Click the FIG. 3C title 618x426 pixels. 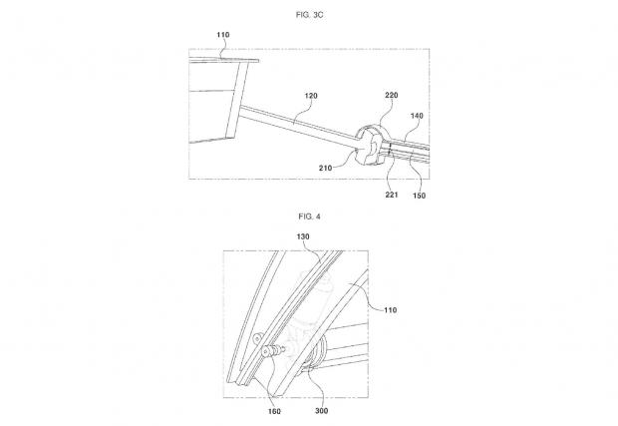[x=309, y=15]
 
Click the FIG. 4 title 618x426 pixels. [x=309, y=216]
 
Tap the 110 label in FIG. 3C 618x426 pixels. [x=223, y=35]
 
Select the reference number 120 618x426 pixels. [x=311, y=96]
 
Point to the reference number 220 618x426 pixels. [x=392, y=95]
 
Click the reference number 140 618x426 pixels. [x=417, y=116]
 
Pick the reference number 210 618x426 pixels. [x=326, y=168]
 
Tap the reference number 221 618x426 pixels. [x=392, y=195]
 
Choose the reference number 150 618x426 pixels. [x=419, y=196]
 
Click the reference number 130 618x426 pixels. [x=303, y=236]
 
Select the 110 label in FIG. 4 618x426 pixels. [x=390, y=310]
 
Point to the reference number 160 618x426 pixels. [x=274, y=411]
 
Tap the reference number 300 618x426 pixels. [x=322, y=411]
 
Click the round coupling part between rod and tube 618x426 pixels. [x=370, y=145]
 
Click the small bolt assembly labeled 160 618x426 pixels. [x=273, y=350]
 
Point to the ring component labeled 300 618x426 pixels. [x=318, y=352]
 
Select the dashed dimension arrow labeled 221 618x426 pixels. [x=391, y=151]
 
